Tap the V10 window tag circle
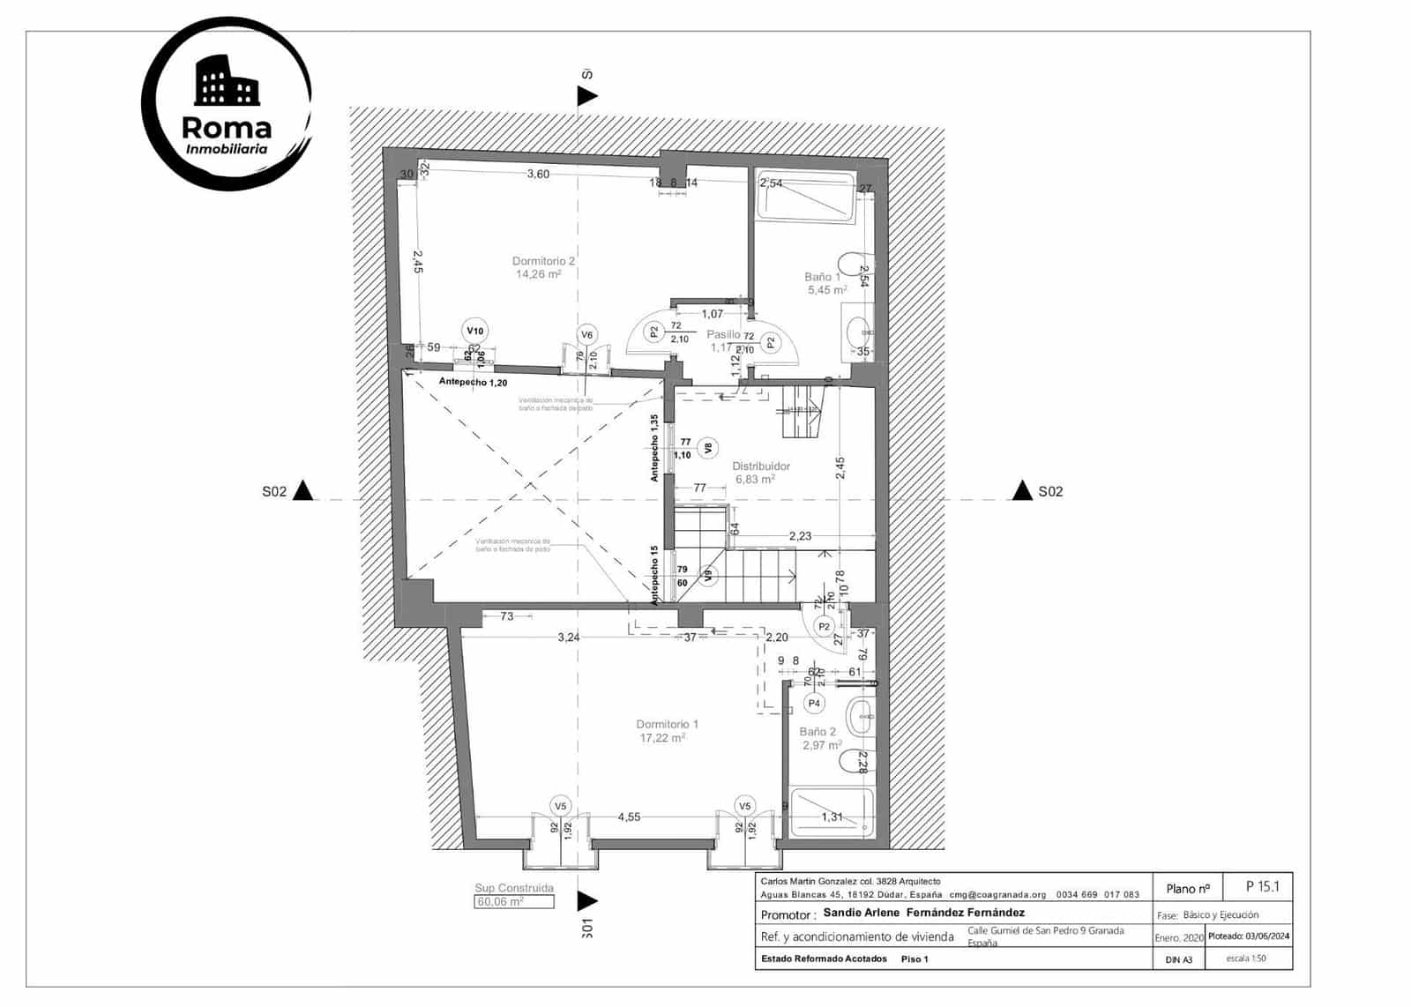(475, 331)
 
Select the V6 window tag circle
(587, 334)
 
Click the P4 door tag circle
(814, 704)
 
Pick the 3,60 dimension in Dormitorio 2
(538, 175)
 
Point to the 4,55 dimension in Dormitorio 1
(629, 817)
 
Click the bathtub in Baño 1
(807, 198)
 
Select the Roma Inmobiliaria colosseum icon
(227, 81)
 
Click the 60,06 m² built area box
(514, 902)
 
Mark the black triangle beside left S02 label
(302, 490)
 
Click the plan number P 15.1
(1262, 887)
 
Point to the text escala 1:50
(1246, 959)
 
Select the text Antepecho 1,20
(473, 383)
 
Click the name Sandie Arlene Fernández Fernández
(923, 913)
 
